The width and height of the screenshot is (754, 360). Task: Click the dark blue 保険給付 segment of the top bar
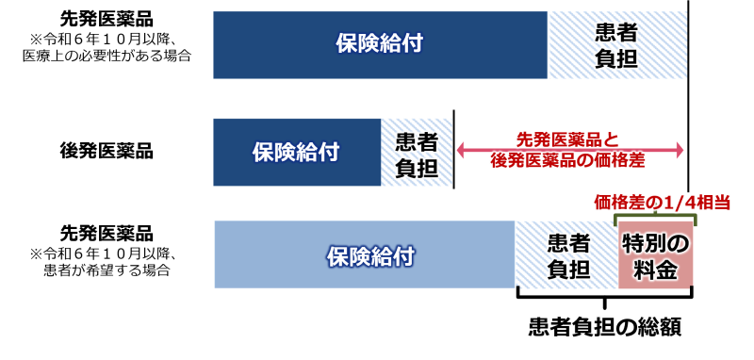tap(379, 44)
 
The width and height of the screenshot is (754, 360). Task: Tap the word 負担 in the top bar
tap(617, 58)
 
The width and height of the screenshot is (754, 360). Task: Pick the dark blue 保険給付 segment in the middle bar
tap(296, 152)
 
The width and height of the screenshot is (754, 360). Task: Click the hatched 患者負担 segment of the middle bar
tap(416, 152)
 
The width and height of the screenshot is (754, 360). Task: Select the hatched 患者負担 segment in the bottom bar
tap(567, 255)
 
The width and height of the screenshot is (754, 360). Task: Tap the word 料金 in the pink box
tap(655, 270)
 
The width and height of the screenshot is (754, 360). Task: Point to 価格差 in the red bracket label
tap(614, 202)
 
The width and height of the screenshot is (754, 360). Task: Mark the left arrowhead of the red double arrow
tap(461, 150)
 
